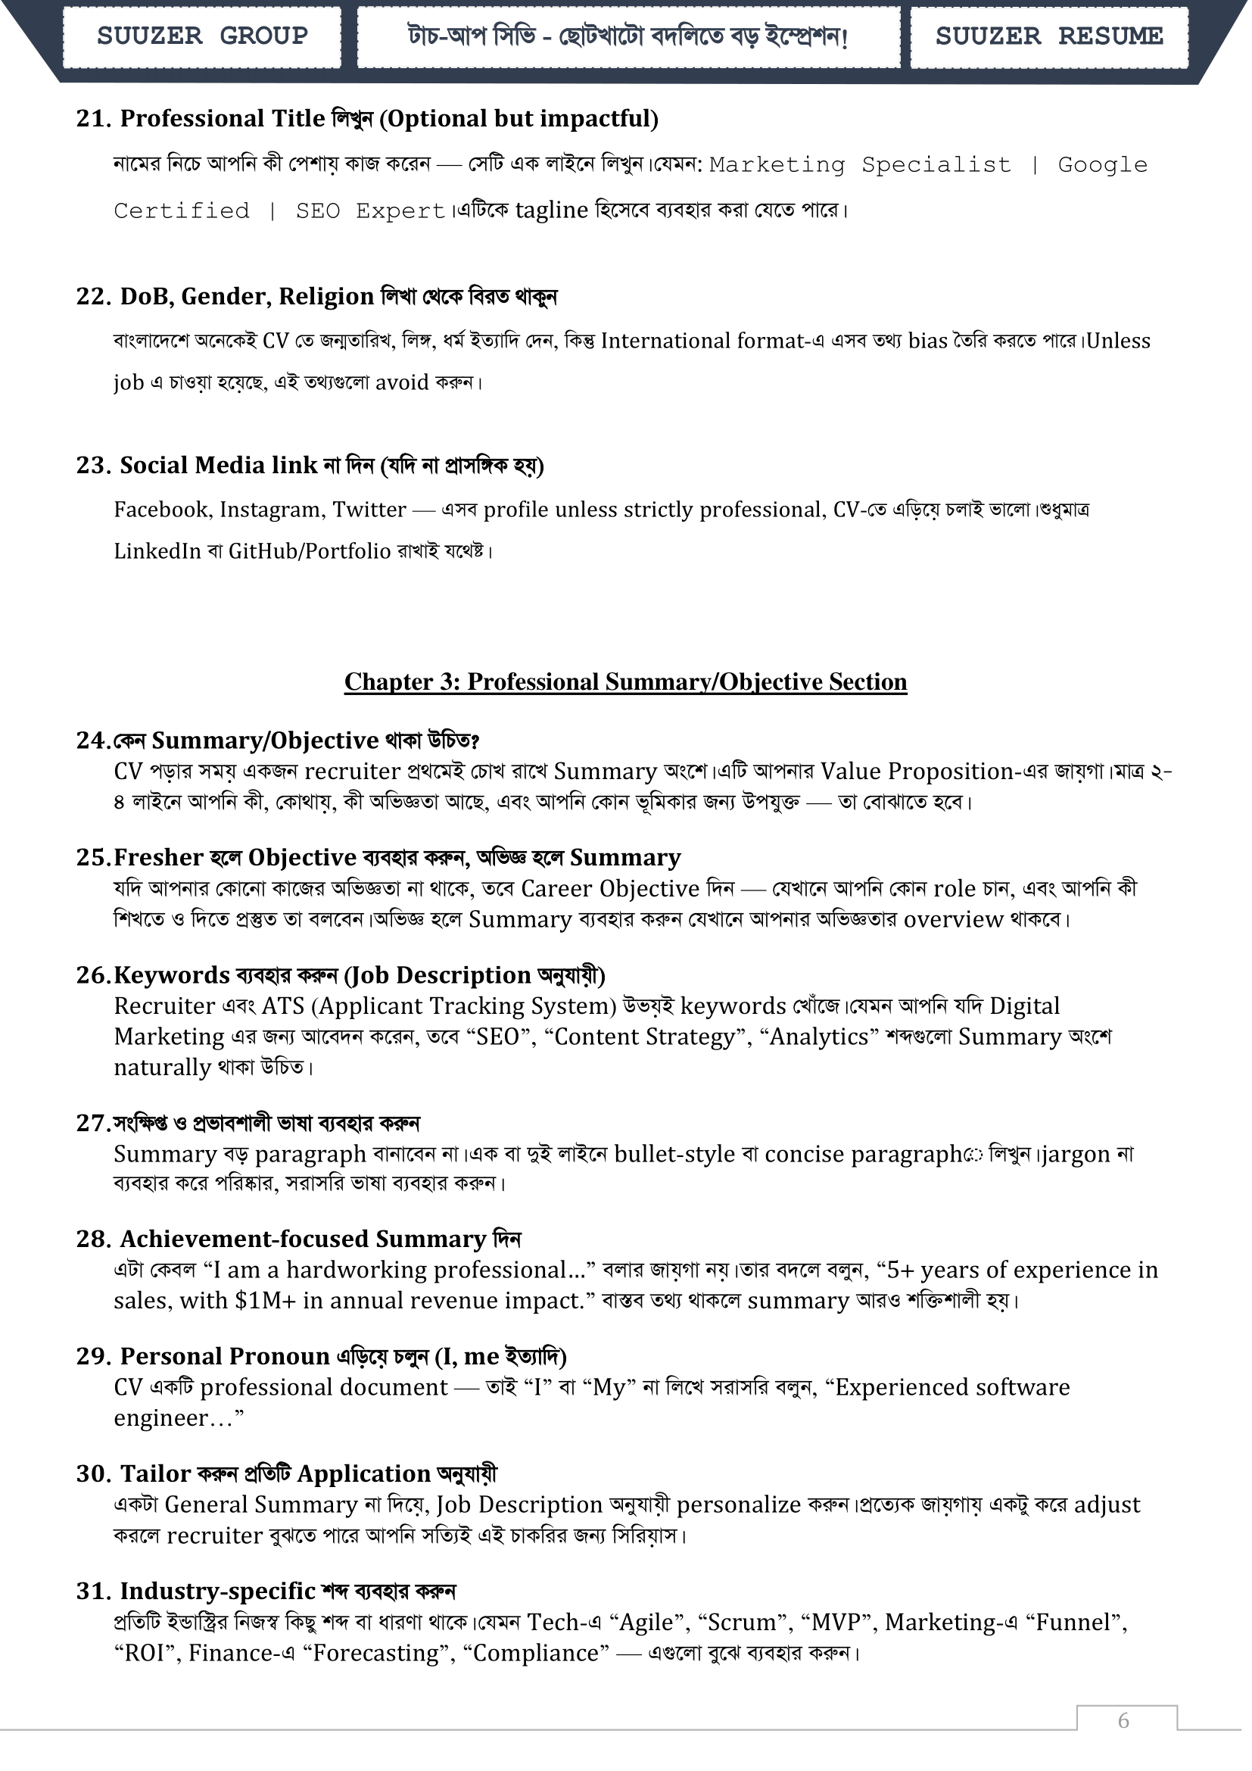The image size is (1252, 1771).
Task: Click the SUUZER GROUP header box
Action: tap(202, 36)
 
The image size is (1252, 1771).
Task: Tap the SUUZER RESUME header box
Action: tap(1048, 36)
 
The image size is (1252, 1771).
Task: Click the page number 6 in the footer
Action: tap(1123, 1720)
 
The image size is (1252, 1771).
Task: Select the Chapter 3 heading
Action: tap(625, 682)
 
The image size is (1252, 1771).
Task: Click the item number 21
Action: tap(94, 119)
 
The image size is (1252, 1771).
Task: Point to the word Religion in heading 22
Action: tap(326, 296)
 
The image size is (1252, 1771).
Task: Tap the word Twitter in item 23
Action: tap(369, 510)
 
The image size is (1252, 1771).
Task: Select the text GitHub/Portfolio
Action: tap(309, 551)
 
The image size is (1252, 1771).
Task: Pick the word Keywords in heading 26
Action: tap(172, 975)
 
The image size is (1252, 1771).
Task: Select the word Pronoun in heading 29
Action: tap(279, 1356)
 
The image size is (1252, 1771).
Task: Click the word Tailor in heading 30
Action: tap(156, 1473)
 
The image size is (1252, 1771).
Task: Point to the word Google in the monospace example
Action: tap(1102, 165)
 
